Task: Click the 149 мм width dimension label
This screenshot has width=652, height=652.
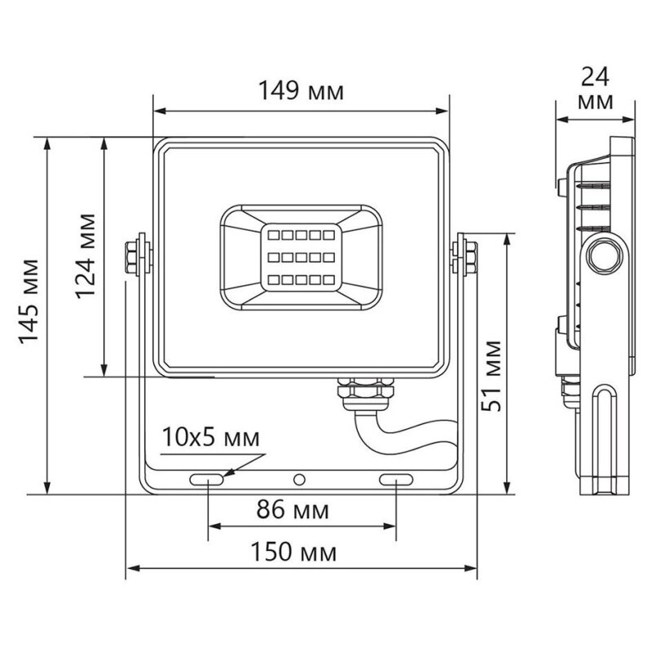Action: pyautogui.click(x=301, y=90)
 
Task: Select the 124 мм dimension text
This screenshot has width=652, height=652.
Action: pyautogui.click(x=86, y=257)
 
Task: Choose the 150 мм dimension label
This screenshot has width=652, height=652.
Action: pyautogui.click(x=293, y=553)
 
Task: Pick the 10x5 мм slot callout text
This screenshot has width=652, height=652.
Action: pyautogui.click(x=210, y=437)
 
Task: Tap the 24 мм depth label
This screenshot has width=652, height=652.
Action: pyautogui.click(x=595, y=89)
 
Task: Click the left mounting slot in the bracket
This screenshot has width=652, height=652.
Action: pyautogui.click(x=207, y=480)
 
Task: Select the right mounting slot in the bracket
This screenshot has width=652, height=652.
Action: pyautogui.click(x=396, y=480)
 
